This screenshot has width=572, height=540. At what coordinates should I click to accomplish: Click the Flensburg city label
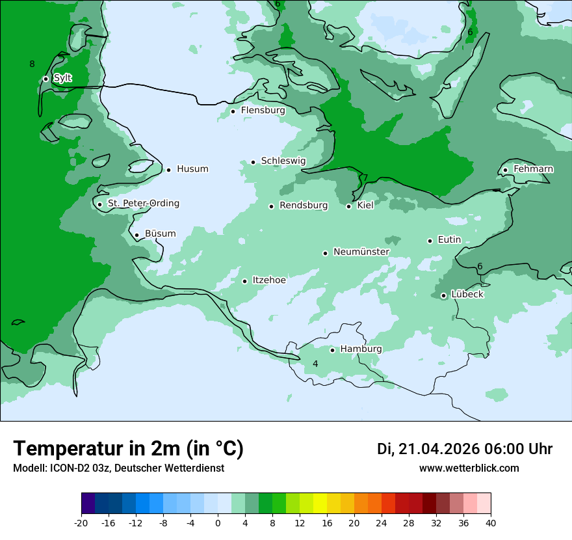tap(263, 111)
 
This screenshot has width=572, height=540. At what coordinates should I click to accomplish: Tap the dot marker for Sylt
tap(45, 79)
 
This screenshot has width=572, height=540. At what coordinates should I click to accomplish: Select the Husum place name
tap(192, 169)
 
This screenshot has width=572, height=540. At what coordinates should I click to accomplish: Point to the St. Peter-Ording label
tap(143, 204)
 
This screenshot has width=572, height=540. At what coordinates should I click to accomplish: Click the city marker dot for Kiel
tap(349, 206)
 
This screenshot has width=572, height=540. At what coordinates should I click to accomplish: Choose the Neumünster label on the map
tap(361, 252)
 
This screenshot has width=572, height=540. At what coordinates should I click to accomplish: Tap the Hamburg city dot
tap(332, 350)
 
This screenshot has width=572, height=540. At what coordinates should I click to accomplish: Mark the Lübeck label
tap(467, 295)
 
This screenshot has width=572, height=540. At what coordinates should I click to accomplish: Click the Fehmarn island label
tap(533, 169)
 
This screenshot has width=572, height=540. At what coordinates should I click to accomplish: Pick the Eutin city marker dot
tap(430, 241)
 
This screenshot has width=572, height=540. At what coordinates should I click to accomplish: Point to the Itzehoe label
tap(269, 280)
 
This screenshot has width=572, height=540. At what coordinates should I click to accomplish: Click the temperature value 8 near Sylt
tap(32, 64)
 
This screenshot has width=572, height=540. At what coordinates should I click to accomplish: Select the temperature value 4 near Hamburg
tap(315, 364)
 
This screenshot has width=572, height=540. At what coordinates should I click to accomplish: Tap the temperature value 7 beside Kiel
tap(365, 178)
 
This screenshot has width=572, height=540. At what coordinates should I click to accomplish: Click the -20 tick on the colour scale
tap(81, 523)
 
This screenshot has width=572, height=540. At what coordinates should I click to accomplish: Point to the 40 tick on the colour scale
tap(491, 523)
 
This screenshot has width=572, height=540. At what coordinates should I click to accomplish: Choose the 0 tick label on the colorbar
tap(218, 523)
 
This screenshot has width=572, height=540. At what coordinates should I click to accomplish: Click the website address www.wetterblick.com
tap(469, 468)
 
